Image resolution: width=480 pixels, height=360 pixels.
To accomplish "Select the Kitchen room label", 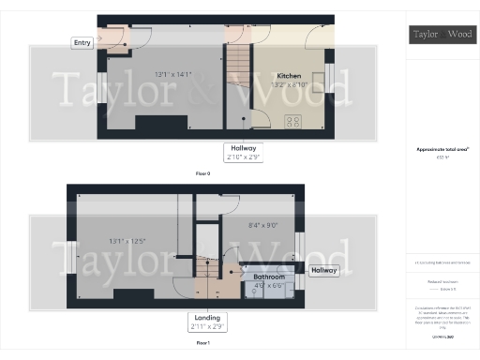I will pos(289,75).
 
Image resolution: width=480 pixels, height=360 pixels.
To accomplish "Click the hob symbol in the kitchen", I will pos(292,120).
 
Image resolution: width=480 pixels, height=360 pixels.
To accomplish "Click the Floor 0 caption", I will pos(202,173).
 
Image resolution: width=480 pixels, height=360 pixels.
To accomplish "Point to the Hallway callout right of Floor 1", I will pos(324,270).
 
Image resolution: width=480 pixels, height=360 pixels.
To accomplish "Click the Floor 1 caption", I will pos(202,344).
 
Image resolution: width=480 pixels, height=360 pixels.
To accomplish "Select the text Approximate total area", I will pos(441,150).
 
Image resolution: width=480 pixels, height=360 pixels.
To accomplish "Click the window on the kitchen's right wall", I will pos(329,75).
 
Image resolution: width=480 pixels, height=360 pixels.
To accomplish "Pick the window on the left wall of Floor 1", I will pos(70,256).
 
